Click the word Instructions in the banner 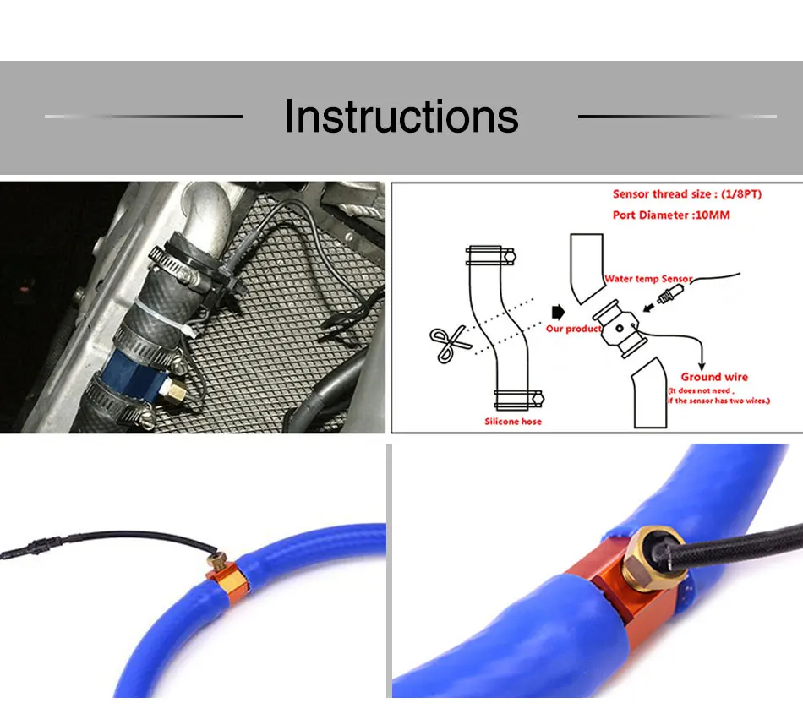401,117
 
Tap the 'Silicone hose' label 513,421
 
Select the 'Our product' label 573,329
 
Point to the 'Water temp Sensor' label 648,279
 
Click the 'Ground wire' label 714,377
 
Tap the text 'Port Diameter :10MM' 671,215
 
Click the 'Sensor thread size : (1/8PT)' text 686,194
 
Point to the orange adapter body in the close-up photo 592,608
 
